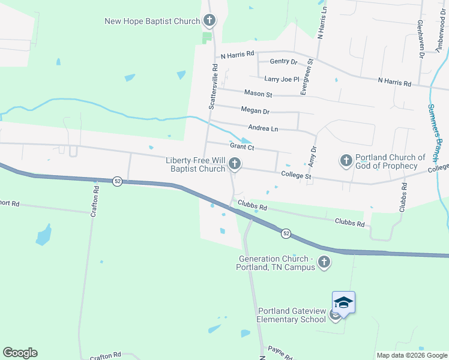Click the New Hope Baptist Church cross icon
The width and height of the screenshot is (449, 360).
click(209, 22)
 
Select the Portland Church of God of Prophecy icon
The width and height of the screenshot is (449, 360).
click(346, 160)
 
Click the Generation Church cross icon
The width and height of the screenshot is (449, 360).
click(324, 262)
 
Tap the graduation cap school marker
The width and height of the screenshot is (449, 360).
click(343, 302)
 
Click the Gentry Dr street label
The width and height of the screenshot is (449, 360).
click(284, 62)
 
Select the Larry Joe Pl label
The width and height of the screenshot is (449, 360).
click(282, 79)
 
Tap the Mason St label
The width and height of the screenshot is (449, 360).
click(258, 94)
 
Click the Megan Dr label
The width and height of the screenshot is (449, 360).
click(255, 111)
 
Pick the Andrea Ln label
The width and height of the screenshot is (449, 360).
click(263, 128)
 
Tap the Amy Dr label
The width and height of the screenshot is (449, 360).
click(313, 157)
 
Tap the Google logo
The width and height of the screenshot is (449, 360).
click(20, 352)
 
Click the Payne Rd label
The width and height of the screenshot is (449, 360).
click(280, 352)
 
